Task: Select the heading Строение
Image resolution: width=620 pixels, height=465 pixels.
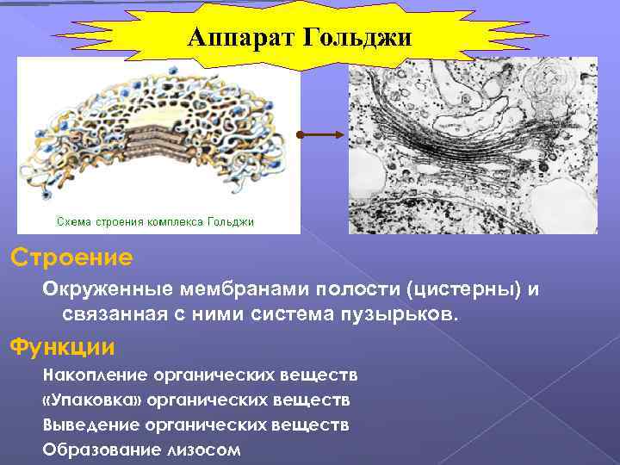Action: pos(71,257)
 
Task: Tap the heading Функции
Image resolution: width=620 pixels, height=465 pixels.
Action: pos(61,347)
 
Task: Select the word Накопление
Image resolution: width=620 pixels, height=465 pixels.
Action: pos(96,375)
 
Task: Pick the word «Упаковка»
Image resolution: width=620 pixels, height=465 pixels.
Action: pos(94,400)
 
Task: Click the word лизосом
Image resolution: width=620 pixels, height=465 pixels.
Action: pos(208,449)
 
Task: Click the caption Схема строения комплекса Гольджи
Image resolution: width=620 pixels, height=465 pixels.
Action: pos(155,222)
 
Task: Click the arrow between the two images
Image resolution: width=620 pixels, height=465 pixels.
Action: pos(324,136)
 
